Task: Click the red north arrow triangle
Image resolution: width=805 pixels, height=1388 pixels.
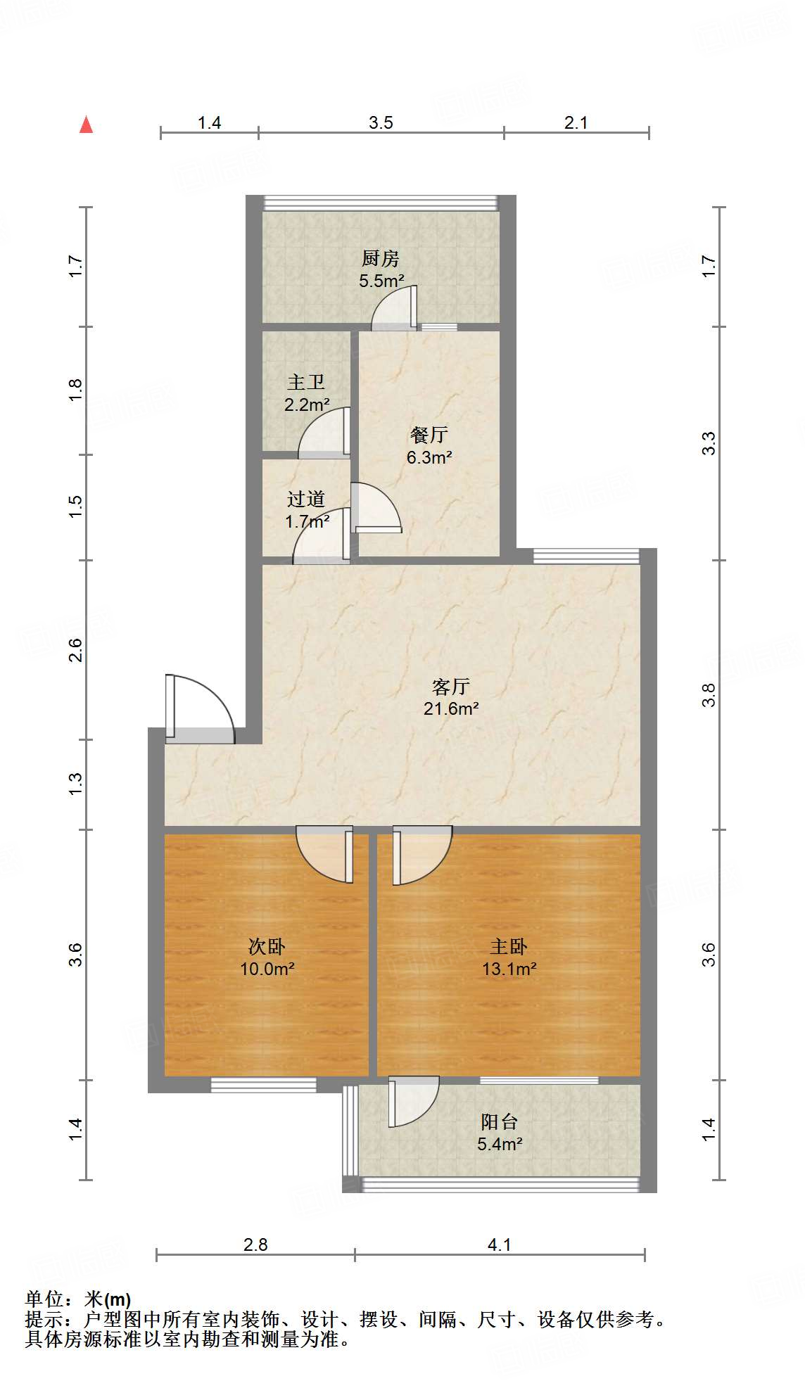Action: point(86,125)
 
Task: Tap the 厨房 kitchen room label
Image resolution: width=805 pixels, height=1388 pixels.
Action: point(381,259)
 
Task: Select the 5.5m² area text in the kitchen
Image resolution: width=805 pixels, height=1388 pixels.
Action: point(381,281)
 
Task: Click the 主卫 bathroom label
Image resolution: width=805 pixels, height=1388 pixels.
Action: point(306,382)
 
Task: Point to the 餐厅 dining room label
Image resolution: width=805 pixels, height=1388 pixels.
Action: point(429,435)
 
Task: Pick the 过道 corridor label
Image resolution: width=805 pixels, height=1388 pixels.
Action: point(306,499)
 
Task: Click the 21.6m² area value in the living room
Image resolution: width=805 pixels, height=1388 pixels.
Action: point(451,708)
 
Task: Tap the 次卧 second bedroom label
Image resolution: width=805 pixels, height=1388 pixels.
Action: point(267,946)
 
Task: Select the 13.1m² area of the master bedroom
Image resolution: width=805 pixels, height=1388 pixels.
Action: point(509,969)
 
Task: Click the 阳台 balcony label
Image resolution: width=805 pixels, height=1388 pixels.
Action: point(499,1121)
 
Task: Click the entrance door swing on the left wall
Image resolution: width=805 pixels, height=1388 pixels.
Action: point(201,707)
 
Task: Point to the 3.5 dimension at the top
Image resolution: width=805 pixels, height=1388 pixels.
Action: point(381,122)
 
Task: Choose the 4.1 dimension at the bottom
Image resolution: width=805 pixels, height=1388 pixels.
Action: point(499,1244)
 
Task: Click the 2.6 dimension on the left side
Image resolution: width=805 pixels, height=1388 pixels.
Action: point(75,649)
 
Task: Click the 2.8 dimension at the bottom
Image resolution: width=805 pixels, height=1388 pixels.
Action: point(255,1244)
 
